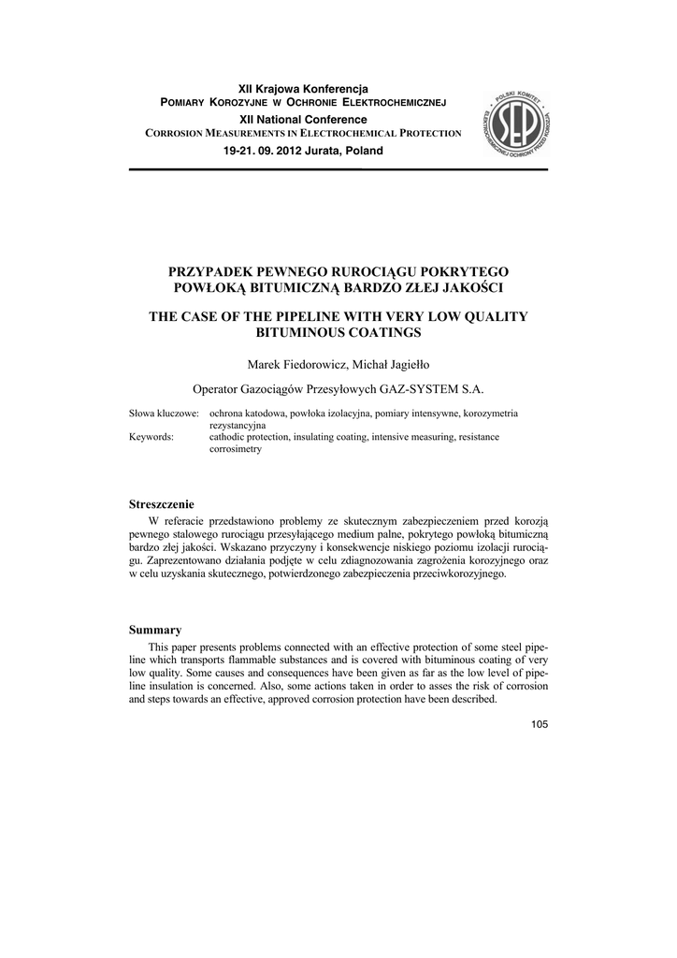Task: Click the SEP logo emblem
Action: coord(517,123)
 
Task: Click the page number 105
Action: coord(538,724)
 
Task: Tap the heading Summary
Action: coord(155,630)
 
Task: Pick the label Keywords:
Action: coord(151,437)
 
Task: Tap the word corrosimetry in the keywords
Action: coord(235,449)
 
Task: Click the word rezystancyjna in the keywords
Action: coord(238,425)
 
